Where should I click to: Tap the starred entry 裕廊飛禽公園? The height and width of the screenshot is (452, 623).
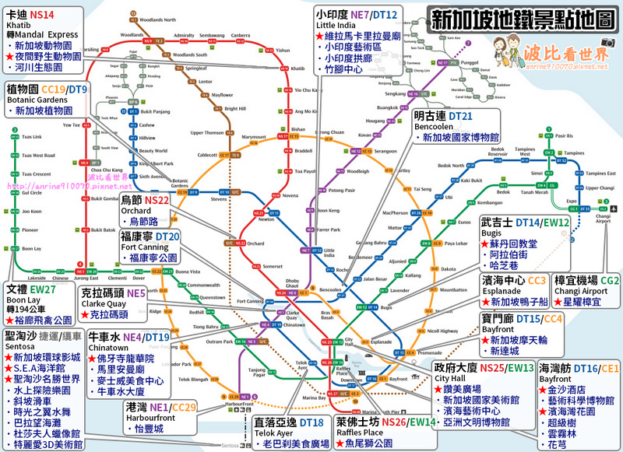pos(41,319)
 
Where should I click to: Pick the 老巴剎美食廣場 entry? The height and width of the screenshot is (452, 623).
pos(293,444)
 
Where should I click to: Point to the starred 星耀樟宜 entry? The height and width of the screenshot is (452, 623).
pos(584,301)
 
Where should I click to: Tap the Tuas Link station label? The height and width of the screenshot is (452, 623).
pos(32,137)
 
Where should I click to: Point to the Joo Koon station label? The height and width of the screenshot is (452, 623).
pos(30,211)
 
